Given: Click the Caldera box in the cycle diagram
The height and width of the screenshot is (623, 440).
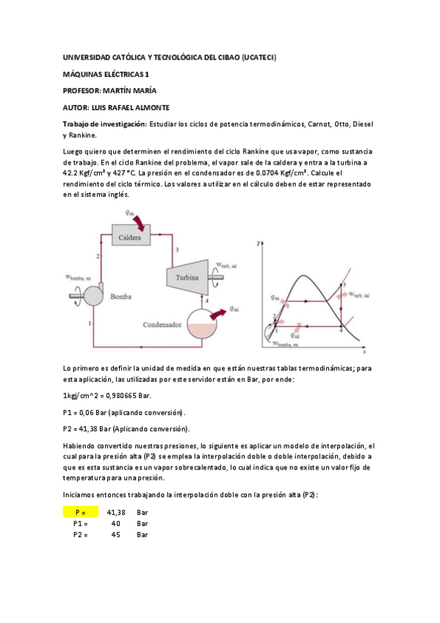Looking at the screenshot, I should (129, 237).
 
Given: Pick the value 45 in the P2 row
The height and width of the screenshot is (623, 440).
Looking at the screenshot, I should (116, 535).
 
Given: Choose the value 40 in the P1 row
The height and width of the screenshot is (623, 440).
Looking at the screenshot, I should (116, 523).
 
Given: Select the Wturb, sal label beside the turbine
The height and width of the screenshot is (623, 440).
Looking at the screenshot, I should (226, 265).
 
